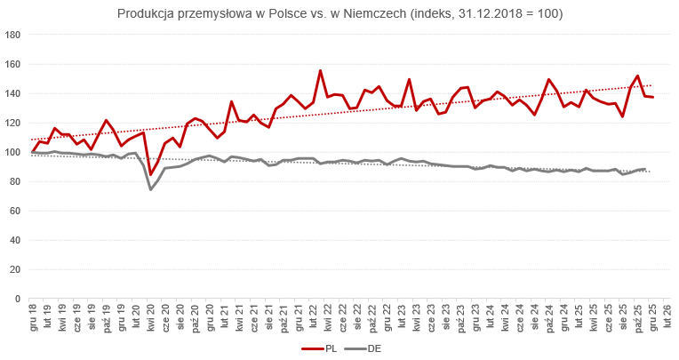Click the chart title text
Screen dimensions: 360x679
pyautogui.click(x=339, y=15)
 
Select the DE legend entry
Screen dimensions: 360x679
pyautogui.click(x=367, y=349)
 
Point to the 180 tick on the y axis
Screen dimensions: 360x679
pyautogui.click(x=12, y=36)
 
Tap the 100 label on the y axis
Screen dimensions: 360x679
pyautogui.click(x=12, y=152)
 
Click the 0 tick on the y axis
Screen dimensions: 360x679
pyautogui.click(x=17, y=299)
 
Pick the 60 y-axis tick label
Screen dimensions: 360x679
pyautogui.click(x=14, y=211)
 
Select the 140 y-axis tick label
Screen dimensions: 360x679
pyautogui.click(x=12, y=94)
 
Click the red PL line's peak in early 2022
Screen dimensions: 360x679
pyautogui.click(x=320, y=71)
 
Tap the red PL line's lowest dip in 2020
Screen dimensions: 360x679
pyautogui.click(x=150, y=174)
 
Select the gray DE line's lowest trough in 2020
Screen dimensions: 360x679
pyautogui.click(x=150, y=189)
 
